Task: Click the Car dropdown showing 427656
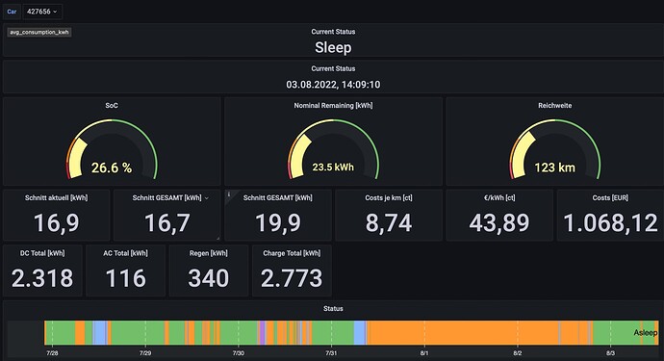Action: click(42, 12)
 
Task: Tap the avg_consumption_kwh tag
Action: click(39, 32)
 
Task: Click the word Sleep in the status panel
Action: click(333, 47)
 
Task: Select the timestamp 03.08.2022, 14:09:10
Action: click(333, 85)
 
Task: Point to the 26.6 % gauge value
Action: click(112, 168)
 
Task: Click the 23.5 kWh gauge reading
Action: click(333, 168)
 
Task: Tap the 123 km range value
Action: click(554, 168)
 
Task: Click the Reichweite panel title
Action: click(554, 106)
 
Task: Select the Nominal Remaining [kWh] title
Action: click(333, 106)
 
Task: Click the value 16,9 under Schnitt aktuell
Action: click(57, 223)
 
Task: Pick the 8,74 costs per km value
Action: click(389, 223)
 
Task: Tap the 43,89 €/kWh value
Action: click(499, 223)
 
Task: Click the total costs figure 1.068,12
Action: click(611, 223)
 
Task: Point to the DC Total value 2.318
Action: click(42, 278)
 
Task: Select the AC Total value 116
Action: click(126, 278)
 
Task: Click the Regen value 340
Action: click(209, 278)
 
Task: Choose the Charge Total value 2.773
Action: click(292, 278)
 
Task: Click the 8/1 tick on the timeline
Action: click(423, 353)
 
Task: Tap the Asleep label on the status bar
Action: click(646, 333)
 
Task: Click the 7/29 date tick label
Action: click(145, 353)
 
